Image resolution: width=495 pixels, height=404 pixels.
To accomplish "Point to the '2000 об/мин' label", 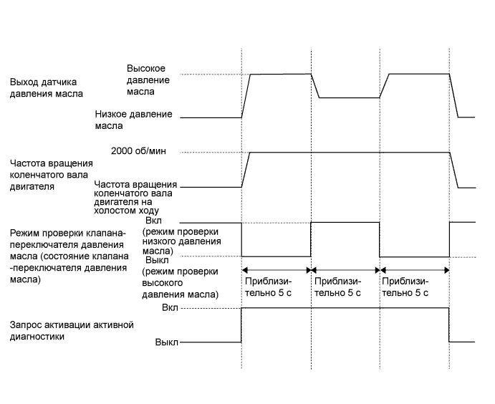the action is [x=144, y=153].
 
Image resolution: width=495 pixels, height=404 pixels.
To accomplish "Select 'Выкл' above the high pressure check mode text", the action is [x=155, y=261].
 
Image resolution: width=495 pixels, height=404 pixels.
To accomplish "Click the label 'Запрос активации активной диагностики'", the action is [x=72, y=331].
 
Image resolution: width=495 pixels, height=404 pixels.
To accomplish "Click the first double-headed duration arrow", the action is [x=276, y=270].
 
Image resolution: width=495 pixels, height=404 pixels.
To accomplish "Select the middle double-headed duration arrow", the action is [x=345, y=270].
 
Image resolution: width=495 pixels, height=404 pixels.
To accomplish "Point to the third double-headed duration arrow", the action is [x=413, y=270].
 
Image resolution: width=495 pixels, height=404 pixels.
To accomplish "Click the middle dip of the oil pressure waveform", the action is [x=348, y=97].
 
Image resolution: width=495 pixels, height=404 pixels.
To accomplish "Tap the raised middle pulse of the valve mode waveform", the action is [x=345, y=222].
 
